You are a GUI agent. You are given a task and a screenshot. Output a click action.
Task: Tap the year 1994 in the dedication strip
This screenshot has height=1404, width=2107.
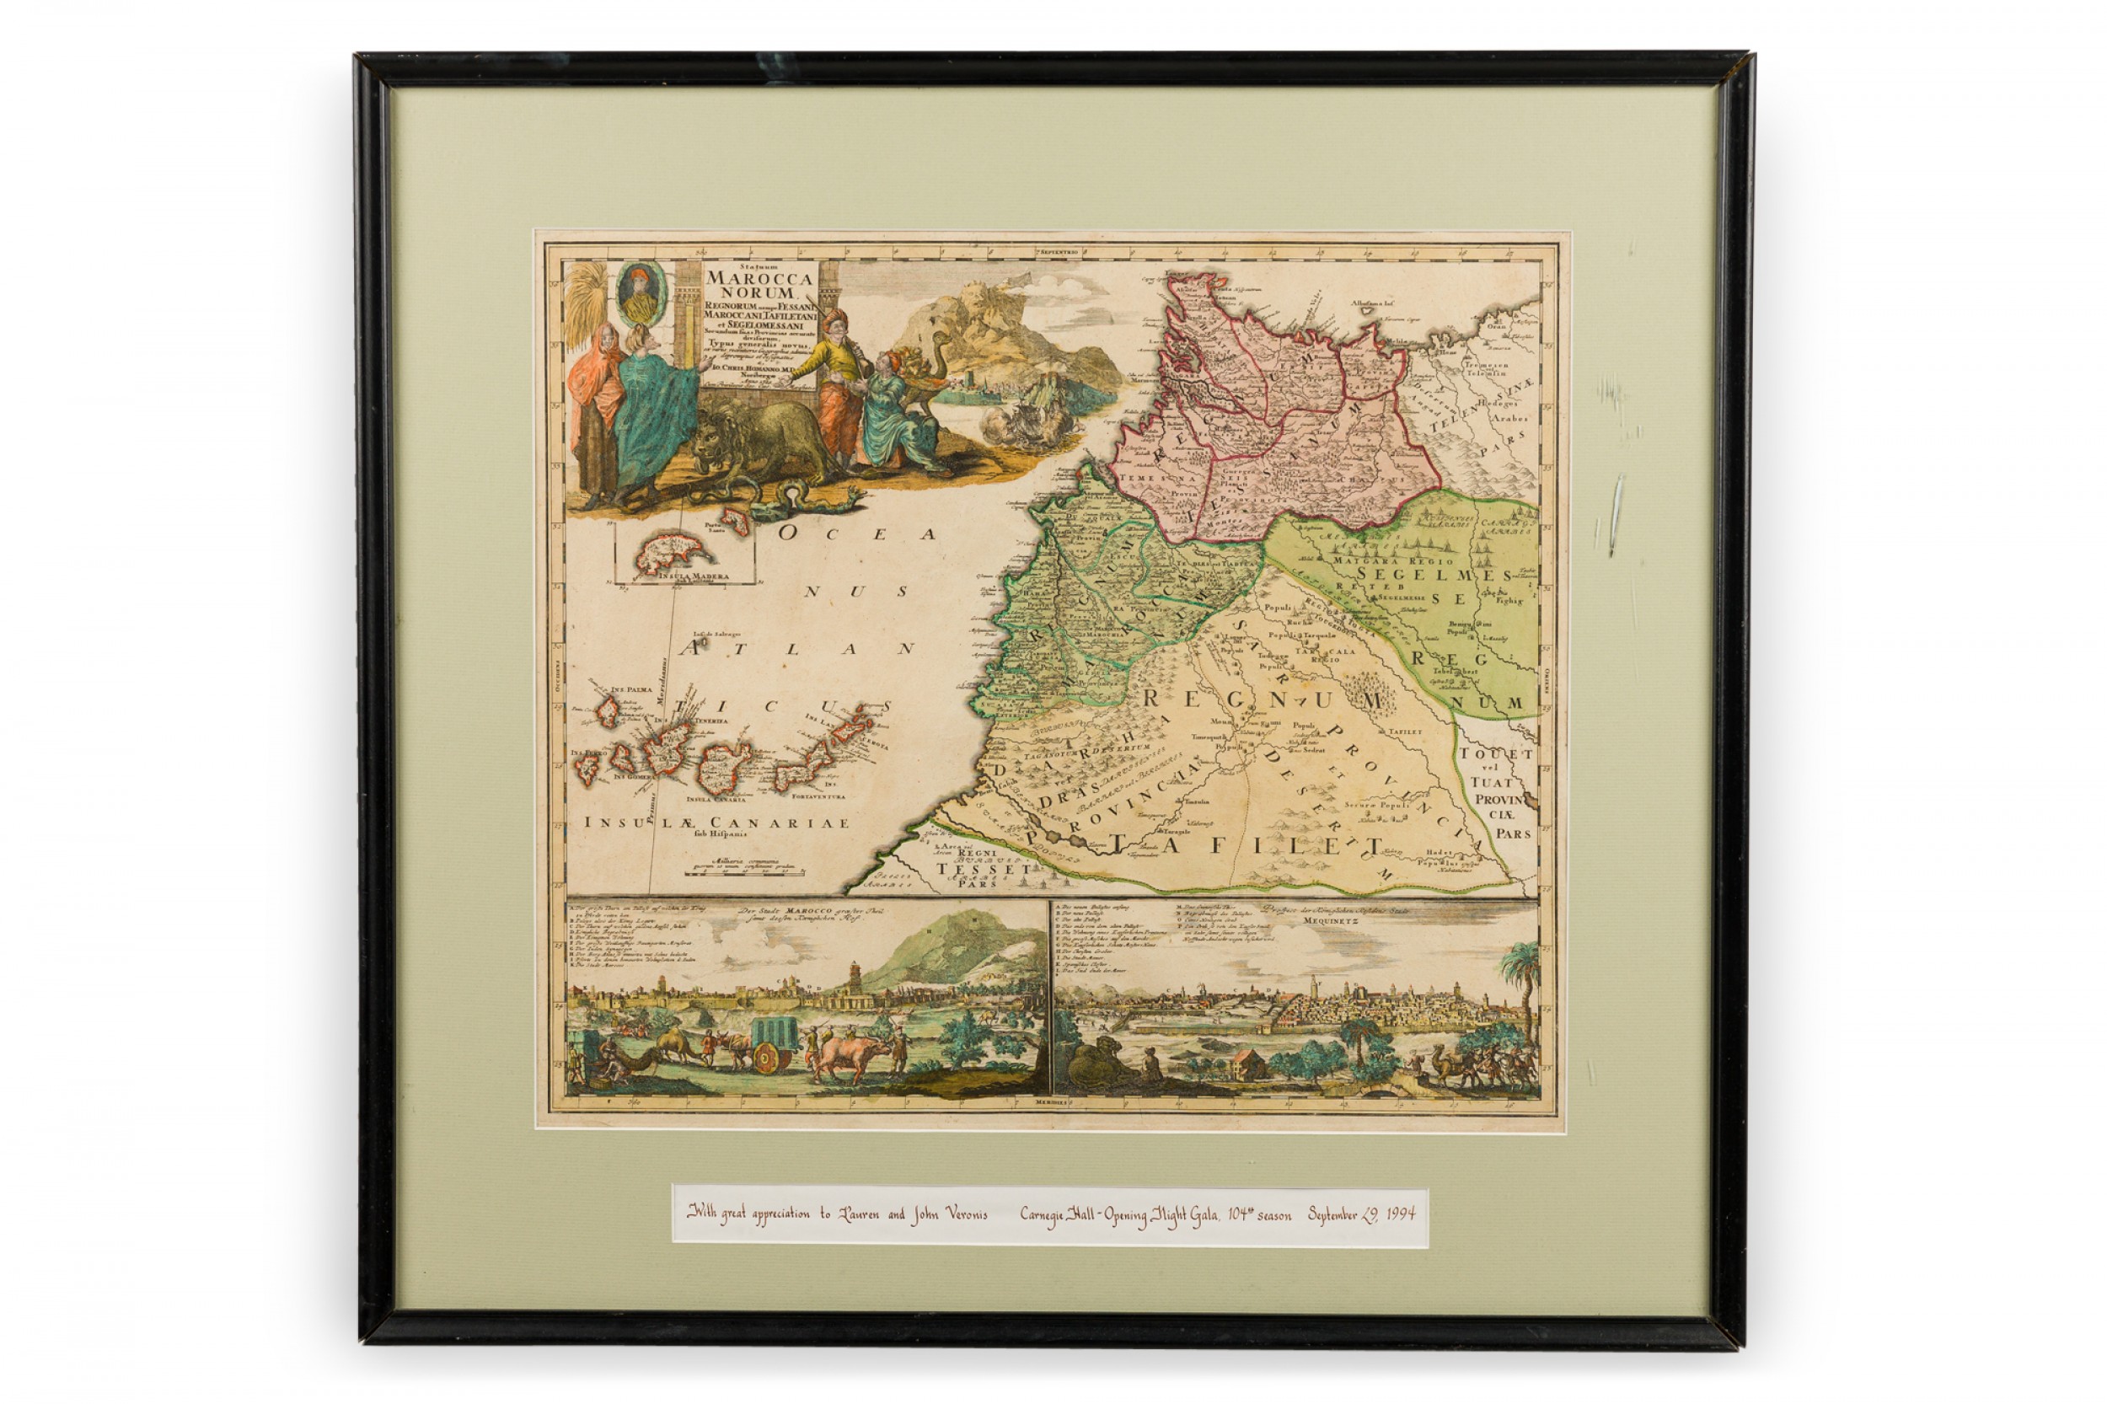1391,1215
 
